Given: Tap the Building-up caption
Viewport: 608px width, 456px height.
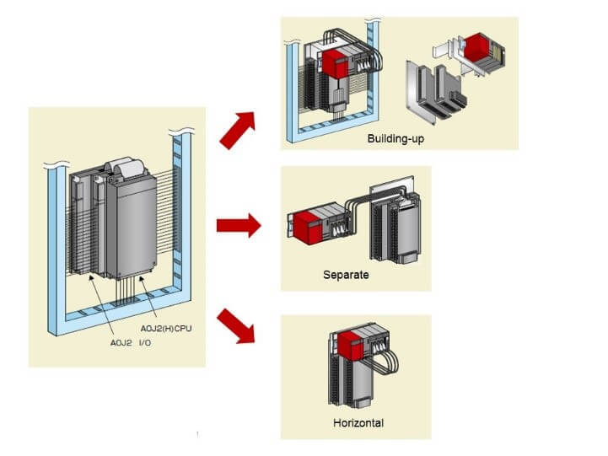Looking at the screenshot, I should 395,137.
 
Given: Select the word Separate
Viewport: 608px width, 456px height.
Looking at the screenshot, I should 346,275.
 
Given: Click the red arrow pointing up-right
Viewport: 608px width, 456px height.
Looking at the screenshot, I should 239,128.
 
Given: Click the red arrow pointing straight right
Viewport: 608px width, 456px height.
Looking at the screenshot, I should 239,226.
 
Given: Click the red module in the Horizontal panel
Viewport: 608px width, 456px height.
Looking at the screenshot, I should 351,348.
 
